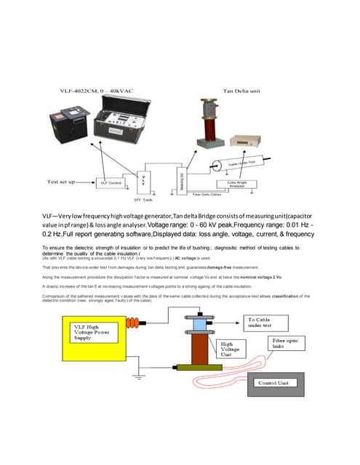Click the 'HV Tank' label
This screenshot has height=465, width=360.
coord(143,199)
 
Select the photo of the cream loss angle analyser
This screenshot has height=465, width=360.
coord(249,142)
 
